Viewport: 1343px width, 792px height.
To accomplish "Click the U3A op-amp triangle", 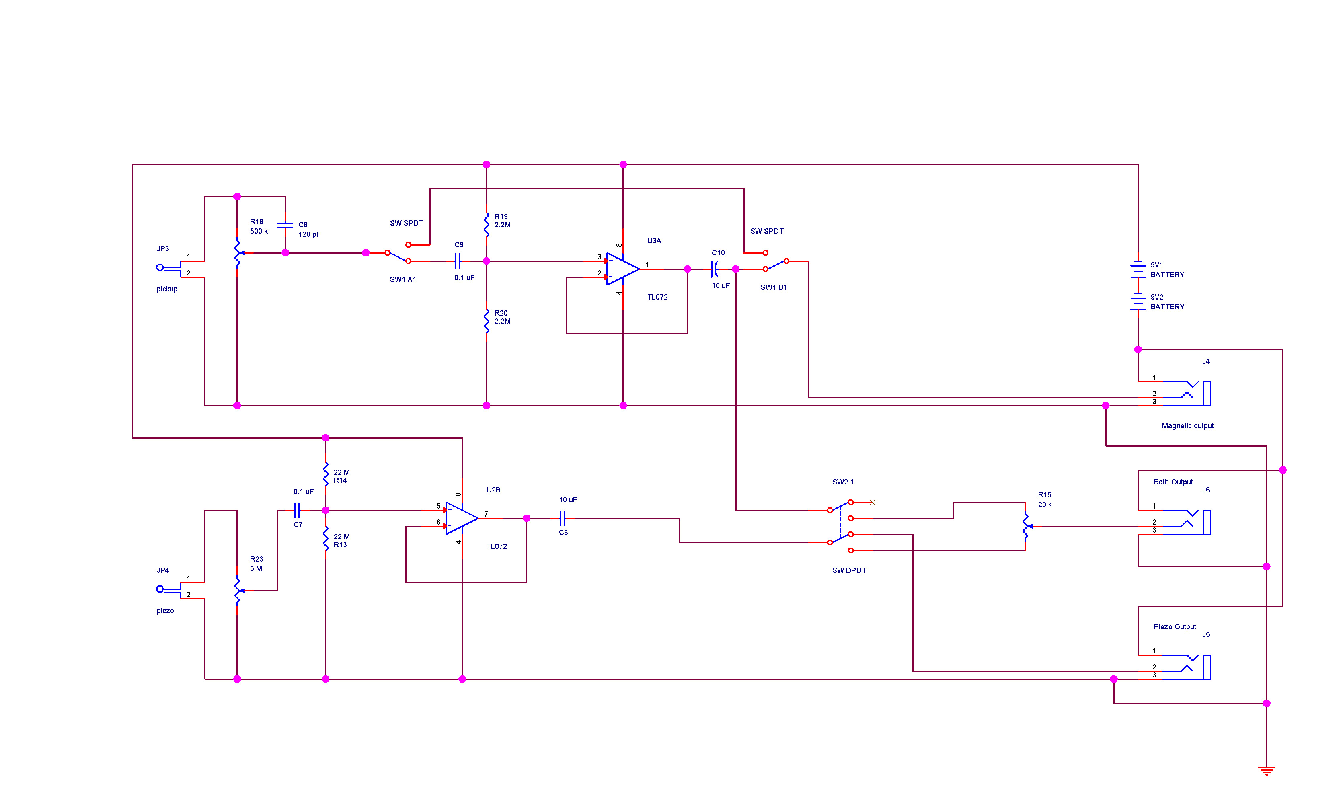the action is coord(622,269).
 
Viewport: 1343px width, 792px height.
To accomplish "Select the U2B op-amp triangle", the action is coord(461,518).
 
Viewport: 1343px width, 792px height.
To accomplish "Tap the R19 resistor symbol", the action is coord(486,225).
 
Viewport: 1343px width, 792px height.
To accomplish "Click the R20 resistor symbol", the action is coord(486,321).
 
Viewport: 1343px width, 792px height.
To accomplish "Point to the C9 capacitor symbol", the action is coord(458,261).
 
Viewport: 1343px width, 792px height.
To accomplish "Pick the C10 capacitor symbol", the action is coord(715,269).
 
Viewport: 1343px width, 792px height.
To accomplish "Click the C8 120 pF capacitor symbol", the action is coord(285,225).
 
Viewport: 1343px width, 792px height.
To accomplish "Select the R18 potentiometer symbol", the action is coord(238,253).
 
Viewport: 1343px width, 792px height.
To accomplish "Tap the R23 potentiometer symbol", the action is coord(238,591).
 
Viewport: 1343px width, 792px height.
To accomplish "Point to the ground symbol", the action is coord(1266,771).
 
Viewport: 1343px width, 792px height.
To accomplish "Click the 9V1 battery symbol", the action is coord(1138,269).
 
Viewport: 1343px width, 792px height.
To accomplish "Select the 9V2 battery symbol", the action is coord(1138,302).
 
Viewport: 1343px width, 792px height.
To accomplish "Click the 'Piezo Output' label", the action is coord(1175,626).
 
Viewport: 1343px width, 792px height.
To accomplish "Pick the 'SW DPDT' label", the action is coord(849,570).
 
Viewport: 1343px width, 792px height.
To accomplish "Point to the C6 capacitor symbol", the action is coord(562,518).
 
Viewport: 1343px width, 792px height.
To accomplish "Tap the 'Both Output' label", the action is coord(1173,482).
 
